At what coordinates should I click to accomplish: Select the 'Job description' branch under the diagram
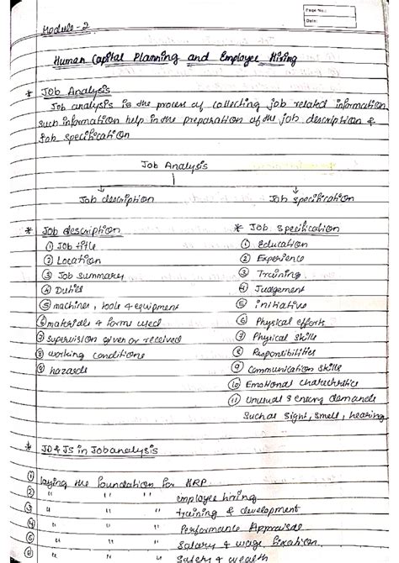click(x=116, y=200)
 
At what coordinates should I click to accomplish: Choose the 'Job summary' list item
click(x=88, y=276)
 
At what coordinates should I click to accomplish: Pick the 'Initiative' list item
click(x=278, y=304)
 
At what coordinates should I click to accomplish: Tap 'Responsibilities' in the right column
click(x=294, y=353)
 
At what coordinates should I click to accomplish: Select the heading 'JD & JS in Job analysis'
click(x=98, y=450)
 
